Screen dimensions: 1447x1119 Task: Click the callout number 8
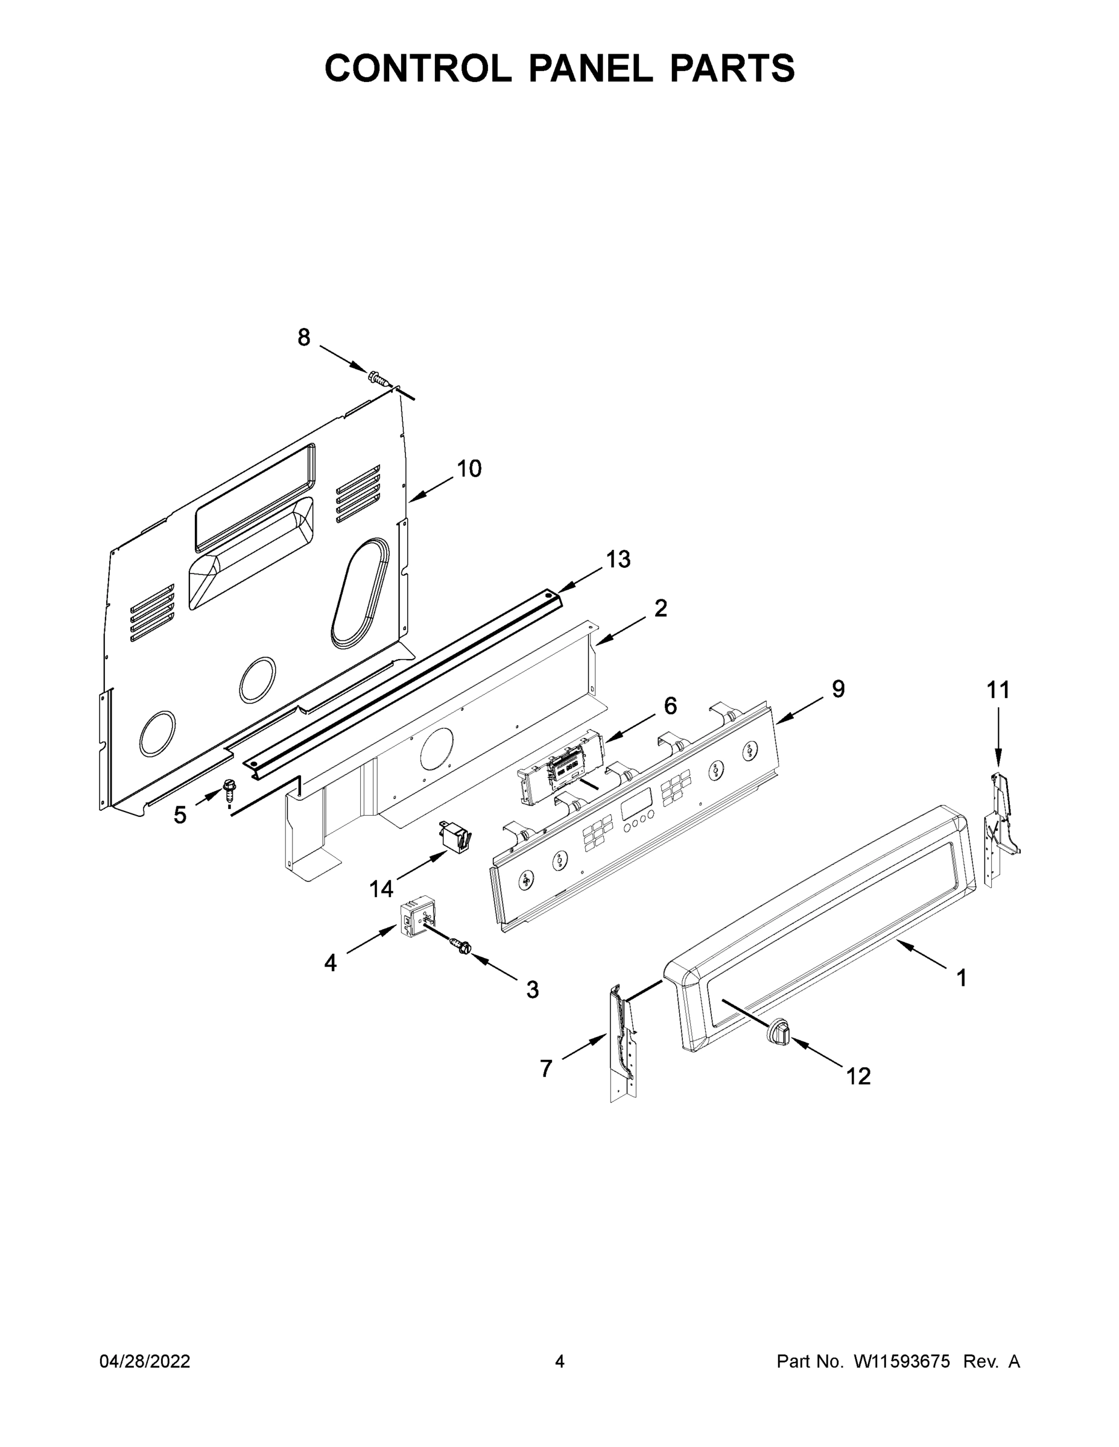point(303,338)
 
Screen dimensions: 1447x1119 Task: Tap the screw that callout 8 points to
point(378,378)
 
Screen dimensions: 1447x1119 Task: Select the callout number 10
point(469,469)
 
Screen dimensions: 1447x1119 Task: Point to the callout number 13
point(618,560)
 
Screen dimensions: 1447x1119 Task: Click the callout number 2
point(661,608)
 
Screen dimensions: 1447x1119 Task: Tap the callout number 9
point(838,689)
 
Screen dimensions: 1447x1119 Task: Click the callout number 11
point(998,690)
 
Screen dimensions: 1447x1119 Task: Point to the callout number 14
point(381,889)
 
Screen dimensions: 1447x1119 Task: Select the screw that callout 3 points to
point(460,945)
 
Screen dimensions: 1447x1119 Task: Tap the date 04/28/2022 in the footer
point(145,1361)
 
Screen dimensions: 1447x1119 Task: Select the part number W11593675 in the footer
point(902,1361)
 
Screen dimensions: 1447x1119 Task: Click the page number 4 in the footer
point(560,1361)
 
